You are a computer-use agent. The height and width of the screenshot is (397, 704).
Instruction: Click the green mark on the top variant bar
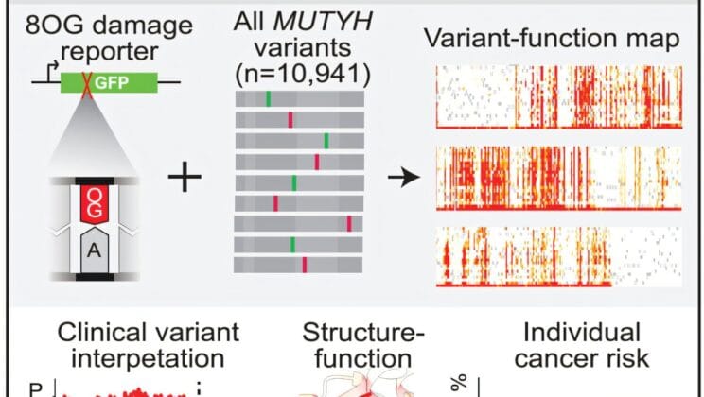(268, 97)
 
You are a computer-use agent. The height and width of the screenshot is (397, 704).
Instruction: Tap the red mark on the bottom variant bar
(305, 264)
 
